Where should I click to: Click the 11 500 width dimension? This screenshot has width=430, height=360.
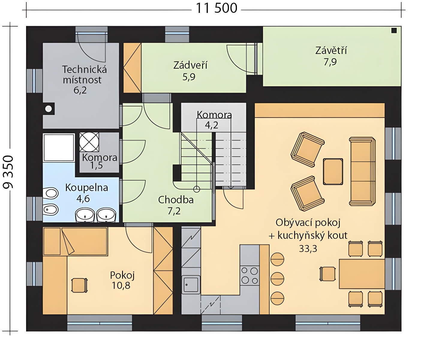(x=216, y=8)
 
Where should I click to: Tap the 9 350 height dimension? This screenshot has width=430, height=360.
(x=8, y=172)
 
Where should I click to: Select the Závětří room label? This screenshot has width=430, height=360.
(x=331, y=50)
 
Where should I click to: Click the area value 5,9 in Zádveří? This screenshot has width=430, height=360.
(x=189, y=77)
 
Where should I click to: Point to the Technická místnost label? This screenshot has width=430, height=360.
(x=85, y=75)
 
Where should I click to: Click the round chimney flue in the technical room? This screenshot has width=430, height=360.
(x=49, y=109)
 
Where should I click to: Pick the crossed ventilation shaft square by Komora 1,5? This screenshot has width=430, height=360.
(x=89, y=142)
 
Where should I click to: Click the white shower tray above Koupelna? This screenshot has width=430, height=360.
(x=59, y=148)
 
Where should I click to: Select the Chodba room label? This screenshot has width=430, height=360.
(x=176, y=200)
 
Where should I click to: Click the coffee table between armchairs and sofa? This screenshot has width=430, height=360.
(x=333, y=171)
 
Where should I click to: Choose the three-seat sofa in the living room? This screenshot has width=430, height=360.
(x=362, y=171)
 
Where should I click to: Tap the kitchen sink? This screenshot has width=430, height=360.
(x=191, y=285)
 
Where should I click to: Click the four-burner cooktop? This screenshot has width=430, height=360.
(x=249, y=275)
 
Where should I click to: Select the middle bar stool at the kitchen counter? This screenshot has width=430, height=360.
(x=277, y=279)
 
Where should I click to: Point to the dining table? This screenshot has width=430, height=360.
(x=362, y=274)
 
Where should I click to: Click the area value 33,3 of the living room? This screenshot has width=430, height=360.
(x=308, y=249)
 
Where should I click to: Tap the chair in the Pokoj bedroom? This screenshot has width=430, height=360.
(x=79, y=285)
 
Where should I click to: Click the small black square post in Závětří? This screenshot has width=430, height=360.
(x=394, y=31)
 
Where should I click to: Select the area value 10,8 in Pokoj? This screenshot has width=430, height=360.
(x=121, y=286)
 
